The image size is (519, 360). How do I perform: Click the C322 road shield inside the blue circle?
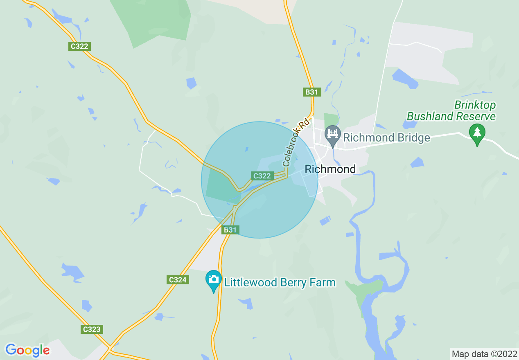pyautogui.click(x=262, y=176)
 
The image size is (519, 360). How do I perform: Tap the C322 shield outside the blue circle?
pyautogui.click(x=79, y=46)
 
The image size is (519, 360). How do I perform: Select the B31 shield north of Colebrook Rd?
pyautogui.click(x=311, y=92)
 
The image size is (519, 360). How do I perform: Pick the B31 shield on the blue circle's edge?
pyautogui.click(x=230, y=230)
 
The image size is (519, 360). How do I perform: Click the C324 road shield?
pyautogui.click(x=178, y=280)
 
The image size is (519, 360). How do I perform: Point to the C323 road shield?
pyautogui.click(x=91, y=329)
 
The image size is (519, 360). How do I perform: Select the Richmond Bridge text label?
pyautogui.click(x=386, y=137)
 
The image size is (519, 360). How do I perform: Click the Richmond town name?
pyautogui.click(x=330, y=169)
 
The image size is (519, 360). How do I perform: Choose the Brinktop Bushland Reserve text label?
pyautogui.click(x=451, y=111)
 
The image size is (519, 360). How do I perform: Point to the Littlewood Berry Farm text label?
pyautogui.click(x=280, y=282)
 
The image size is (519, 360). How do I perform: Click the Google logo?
pyautogui.click(x=27, y=350)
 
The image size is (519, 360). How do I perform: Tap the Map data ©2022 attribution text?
pyautogui.click(x=483, y=354)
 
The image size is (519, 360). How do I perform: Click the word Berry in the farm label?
pyautogui.click(x=293, y=283)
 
